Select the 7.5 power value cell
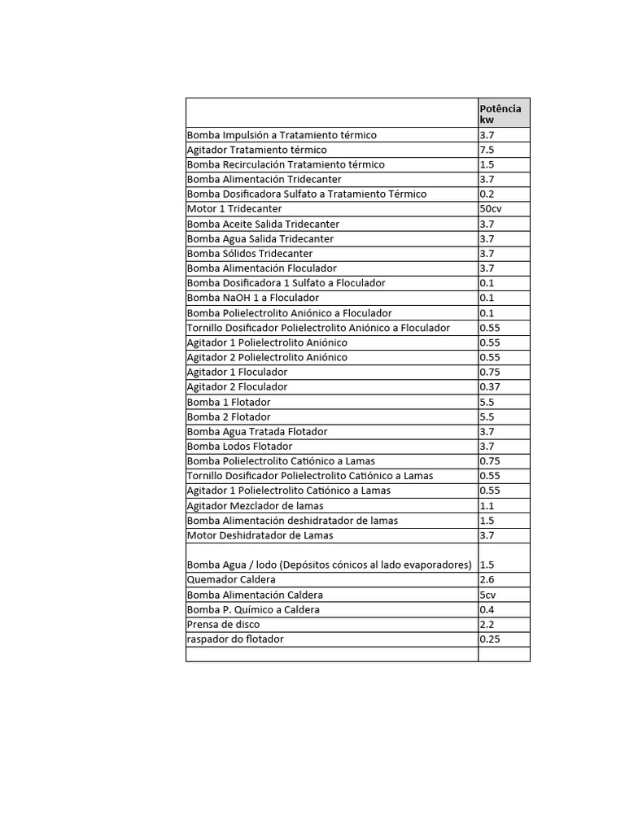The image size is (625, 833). pyautogui.click(x=487, y=150)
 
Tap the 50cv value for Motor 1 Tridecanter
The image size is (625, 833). pyautogui.click(x=492, y=209)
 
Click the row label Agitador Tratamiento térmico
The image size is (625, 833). pyautogui.click(x=257, y=150)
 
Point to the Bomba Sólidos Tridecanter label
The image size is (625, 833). pyautogui.click(x=249, y=254)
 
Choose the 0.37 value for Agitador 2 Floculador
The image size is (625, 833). pyautogui.click(x=491, y=387)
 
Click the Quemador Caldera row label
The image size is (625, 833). pyautogui.click(x=231, y=580)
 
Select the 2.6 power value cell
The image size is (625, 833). pyautogui.click(x=487, y=580)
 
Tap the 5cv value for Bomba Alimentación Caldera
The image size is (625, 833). pyautogui.click(x=488, y=595)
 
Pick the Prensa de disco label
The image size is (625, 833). pyautogui.click(x=224, y=625)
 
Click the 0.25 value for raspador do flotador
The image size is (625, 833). pyautogui.click(x=491, y=639)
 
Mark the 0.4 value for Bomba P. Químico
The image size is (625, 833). pyautogui.click(x=487, y=610)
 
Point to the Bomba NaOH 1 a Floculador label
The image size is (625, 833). pyautogui.click(x=253, y=298)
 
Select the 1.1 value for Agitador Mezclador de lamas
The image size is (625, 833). pyautogui.click(x=487, y=506)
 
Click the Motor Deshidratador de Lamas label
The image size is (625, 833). pyautogui.click(x=260, y=535)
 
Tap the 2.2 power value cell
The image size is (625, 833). pyautogui.click(x=487, y=625)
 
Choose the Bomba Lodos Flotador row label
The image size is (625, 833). pyautogui.click(x=240, y=447)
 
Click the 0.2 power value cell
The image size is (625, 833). pyautogui.click(x=487, y=194)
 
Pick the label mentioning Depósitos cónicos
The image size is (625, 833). pyautogui.click(x=330, y=565)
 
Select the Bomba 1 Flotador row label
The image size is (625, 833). pyautogui.click(x=229, y=402)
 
